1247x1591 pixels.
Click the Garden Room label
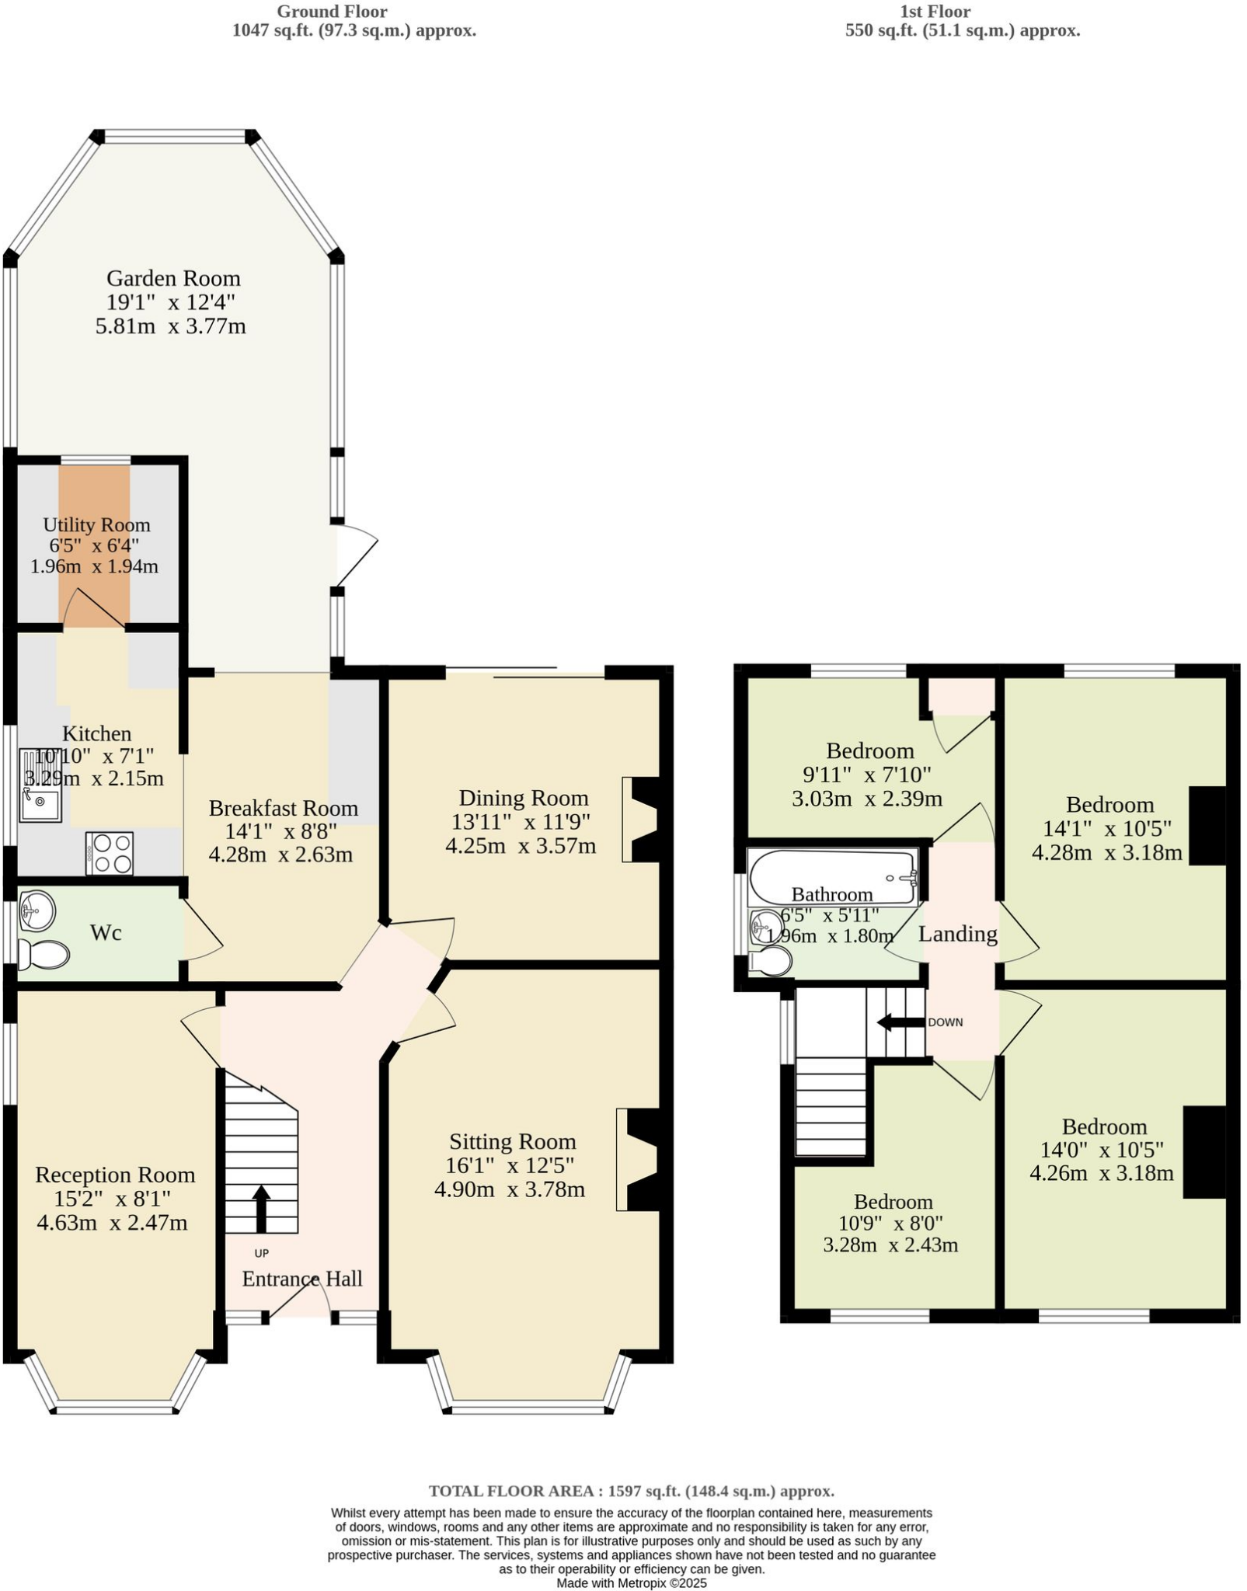click(x=173, y=278)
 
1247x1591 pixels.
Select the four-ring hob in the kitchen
click(x=110, y=853)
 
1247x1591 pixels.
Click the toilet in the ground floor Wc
click(x=43, y=955)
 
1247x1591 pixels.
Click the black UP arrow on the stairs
click(x=261, y=1208)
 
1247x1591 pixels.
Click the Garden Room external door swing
click(x=356, y=555)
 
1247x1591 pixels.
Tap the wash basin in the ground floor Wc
click(x=37, y=909)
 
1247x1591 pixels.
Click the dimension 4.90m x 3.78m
click(x=509, y=1189)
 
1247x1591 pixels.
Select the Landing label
click(x=957, y=934)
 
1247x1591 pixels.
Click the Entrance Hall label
click(x=302, y=1279)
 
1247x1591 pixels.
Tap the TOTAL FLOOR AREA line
click(x=631, y=1491)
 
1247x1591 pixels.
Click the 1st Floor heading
click(x=935, y=12)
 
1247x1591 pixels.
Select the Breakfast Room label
click(x=283, y=808)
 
